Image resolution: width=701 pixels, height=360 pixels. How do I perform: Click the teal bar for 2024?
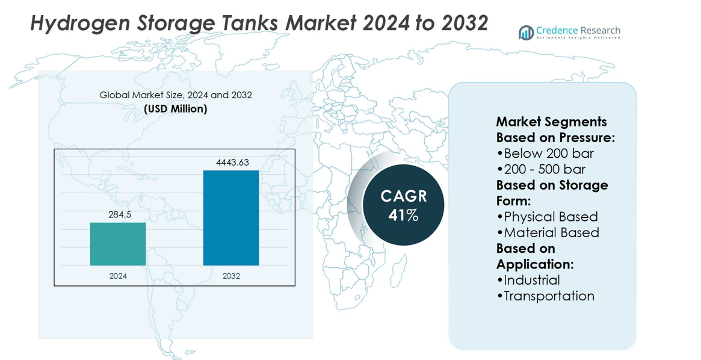click(x=118, y=244)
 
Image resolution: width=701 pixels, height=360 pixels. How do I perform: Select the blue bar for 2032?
click(x=231, y=218)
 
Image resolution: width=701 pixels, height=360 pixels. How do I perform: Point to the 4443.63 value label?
click(x=232, y=163)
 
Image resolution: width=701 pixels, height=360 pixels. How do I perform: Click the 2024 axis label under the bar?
click(x=118, y=276)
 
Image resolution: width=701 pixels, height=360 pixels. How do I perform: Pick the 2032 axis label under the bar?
click(x=231, y=276)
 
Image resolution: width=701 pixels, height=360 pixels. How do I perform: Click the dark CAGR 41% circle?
click(x=403, y=205)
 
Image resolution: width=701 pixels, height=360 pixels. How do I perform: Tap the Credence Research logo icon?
click(x=527, y=33)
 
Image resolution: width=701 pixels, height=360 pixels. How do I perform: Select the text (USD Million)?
click(x=176, y=109)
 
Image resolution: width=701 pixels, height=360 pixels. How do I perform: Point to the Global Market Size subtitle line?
click(x=176, y=95)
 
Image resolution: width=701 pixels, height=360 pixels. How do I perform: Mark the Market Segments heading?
click(x=551, y=122)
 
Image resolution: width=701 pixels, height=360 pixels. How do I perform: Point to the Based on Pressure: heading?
click(x=555, y=137)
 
